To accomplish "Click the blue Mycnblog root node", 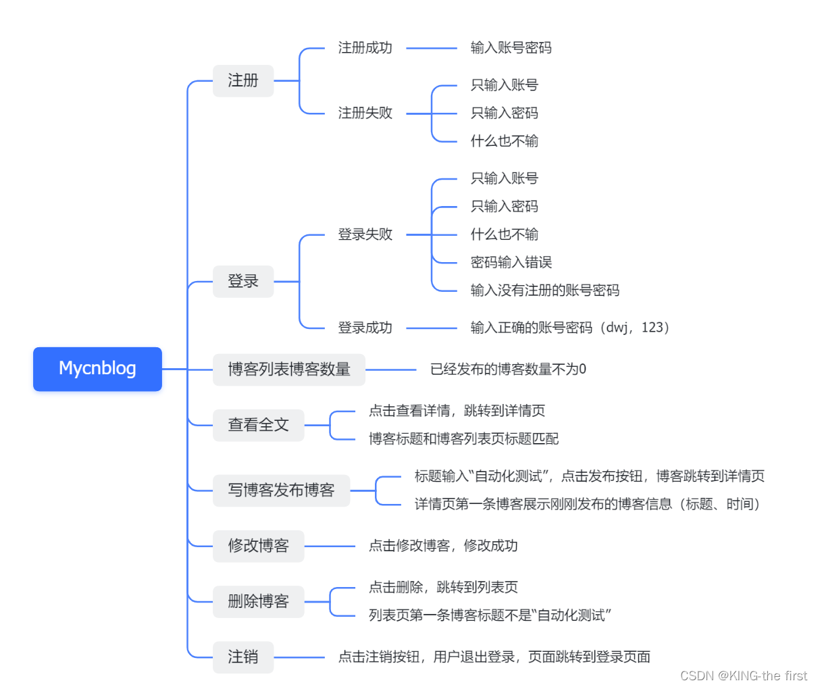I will [97, 369].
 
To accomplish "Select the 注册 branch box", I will [243, 81].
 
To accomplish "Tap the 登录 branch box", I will [243, 282].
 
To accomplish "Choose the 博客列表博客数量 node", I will [288, 370].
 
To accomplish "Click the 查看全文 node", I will [258, 425].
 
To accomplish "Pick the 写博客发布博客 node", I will [281, 490].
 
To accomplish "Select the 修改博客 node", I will [258, 546].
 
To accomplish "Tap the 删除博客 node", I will [258, 601].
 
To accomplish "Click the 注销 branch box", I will [243, 657].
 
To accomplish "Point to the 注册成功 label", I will [365, 48].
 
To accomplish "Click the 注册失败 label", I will [365, 113].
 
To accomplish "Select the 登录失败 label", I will [365, 234].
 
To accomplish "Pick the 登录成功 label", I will [365, 328].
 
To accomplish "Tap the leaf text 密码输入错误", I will [511, 262].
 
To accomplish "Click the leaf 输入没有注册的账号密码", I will [544, 290].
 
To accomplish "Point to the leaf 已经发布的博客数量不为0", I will [508, 370].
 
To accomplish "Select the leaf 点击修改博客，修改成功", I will [443, 546].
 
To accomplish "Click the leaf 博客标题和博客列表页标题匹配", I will [463, 439].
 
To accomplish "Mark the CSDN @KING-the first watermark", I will [743, 676].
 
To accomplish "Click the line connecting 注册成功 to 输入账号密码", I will [432, 49].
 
